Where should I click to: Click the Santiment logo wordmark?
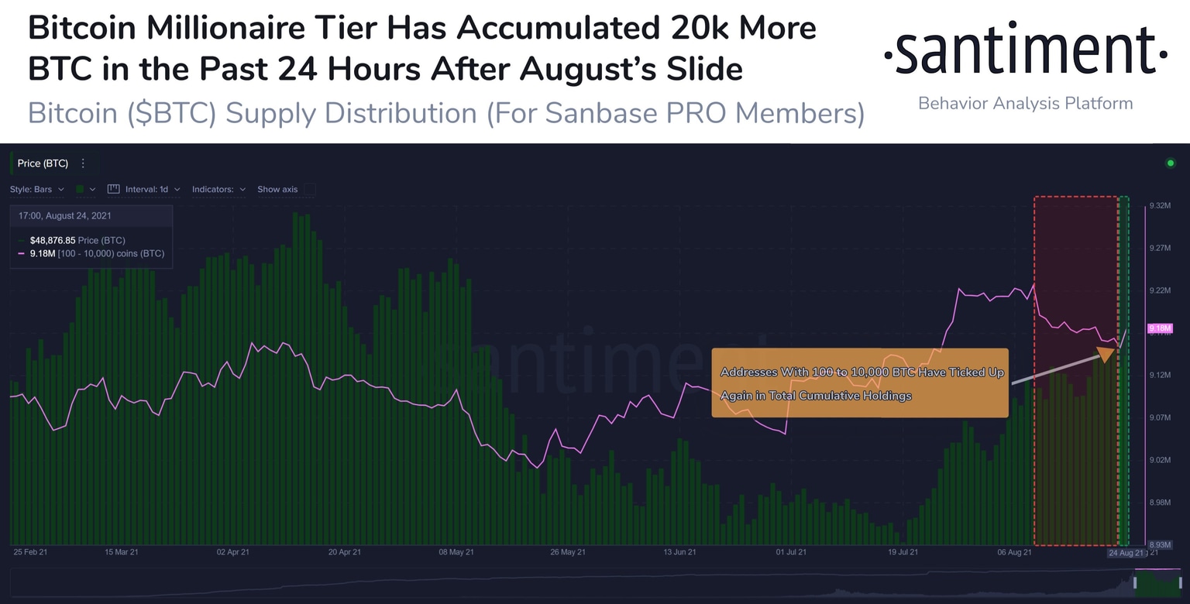[1025, 53]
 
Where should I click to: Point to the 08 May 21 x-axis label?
[456, 553]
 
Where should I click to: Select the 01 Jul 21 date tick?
[790, 553]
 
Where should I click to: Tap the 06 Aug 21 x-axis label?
[1014, 553]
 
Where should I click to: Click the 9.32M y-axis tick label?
[1161, 205]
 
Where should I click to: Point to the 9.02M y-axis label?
[1161, 460]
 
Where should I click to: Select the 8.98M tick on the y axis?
[1161, 503]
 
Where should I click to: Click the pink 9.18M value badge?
[1161, 329]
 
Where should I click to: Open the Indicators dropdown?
[218, 189]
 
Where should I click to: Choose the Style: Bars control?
[36, 189]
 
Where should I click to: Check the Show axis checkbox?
[310, 189]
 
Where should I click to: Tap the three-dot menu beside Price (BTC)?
[83, 163]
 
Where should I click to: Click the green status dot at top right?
[1170, 163]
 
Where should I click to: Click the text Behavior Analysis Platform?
[1025, 103]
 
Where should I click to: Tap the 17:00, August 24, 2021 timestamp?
[66, 216]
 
